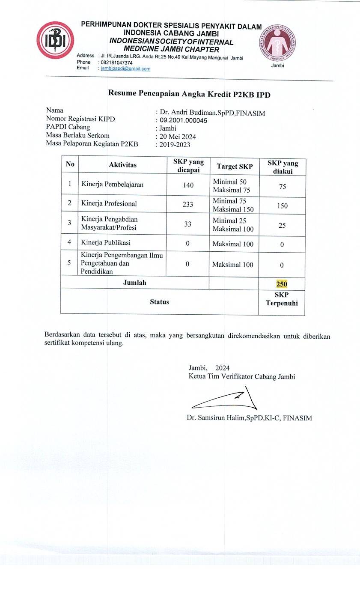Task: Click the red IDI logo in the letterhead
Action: tap(55, 40)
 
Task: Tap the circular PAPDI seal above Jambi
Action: tap(277, 43)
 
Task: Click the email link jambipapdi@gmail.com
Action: tap(125, 69)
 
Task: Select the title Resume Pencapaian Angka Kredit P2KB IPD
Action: tap(189, 94)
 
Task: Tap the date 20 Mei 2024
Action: tap(178, 137)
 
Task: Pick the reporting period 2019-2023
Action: tap(175, 145)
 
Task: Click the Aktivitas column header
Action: tap(122, 165)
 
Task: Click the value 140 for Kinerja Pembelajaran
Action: tap(188, 185)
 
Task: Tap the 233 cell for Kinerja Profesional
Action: tap(188, 204)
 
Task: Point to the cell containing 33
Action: tap(188, 223)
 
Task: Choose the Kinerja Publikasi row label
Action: tap(106, 242)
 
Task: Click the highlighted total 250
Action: tap(282, 284)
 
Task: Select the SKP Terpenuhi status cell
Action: tap(282, 299)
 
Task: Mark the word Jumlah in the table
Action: tap(134, 283)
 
